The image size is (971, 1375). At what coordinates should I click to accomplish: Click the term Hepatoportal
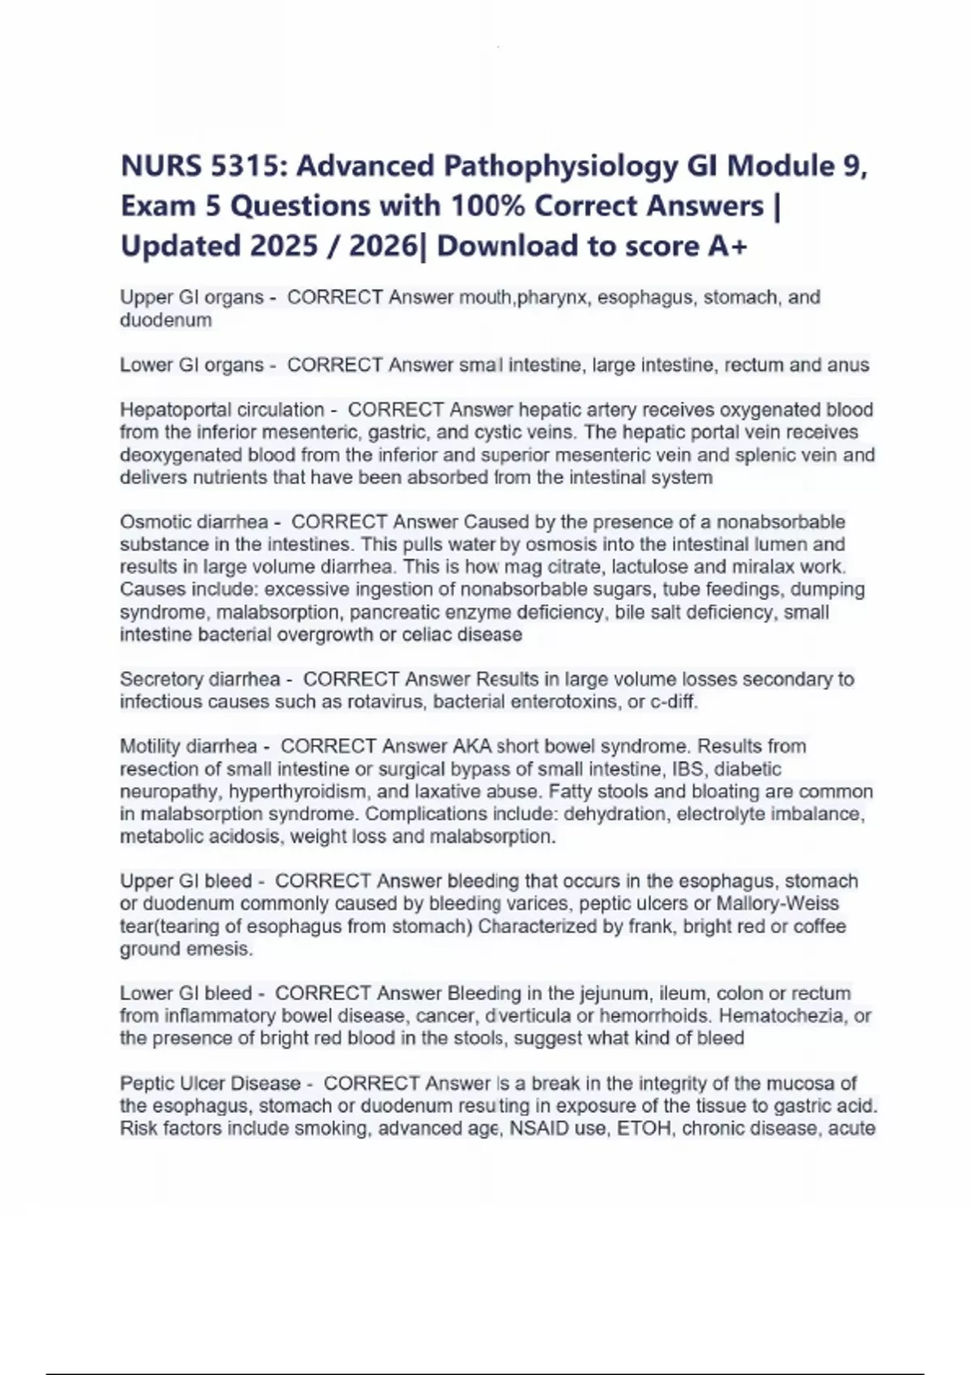point(170,410)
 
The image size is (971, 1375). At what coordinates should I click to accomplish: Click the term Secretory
point(160,679)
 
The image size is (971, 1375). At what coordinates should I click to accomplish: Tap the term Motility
point(150,746)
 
